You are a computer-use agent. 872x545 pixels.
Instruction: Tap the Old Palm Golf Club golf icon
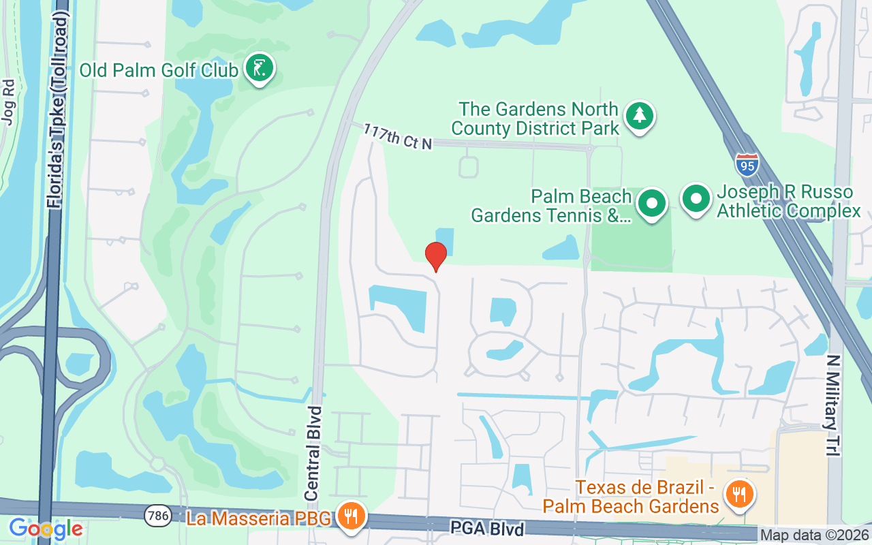pyautogui.click(x=259, y=68)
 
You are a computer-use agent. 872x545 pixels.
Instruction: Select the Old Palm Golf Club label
pyautogui.click(x=159, y=70)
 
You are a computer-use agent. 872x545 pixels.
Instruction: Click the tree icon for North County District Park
pyautogui.click(x=639, y=116)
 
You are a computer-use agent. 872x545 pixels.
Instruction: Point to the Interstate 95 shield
pyautogui.click(x=747, y=164)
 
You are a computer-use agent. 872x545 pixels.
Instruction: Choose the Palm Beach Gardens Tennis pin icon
pyautogui.click(x=652, y=203)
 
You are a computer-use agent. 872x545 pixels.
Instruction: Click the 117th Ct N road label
pyautogui.click(x=398, y=136)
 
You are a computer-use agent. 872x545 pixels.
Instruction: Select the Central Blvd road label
pyautogui.click(x=313, y=452)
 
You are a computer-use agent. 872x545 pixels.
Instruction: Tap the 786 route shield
pyautogui.click(x=157, y=516)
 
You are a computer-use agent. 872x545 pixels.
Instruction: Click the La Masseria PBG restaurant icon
pyautogui.click(x=351, y=516)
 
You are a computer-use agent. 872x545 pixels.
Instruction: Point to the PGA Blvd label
pyautogui.click(x=487, y=529)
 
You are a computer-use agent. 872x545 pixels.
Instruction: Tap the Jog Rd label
pyautogui.click(x=8, y=102)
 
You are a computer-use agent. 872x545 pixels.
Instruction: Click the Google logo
pyautogui.click(x=46, y=529)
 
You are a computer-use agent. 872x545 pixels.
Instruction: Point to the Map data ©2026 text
pyautogui.click(x=815, y=535)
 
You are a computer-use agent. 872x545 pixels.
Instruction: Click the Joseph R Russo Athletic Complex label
pyautogui.click(x=789, y=202)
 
